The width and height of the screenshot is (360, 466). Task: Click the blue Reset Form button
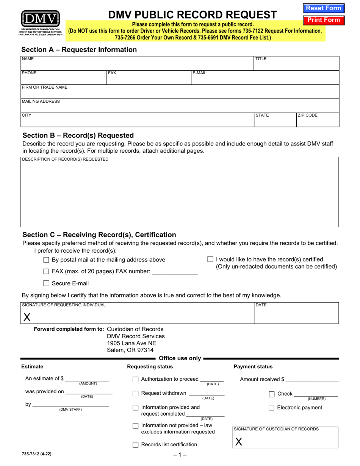(323, 8)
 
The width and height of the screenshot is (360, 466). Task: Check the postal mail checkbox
(47, 260)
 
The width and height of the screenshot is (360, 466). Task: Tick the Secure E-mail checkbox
(47, 283)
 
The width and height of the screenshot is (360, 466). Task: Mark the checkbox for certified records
(210, 260)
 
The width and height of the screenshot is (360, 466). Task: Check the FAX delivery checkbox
(47, 272)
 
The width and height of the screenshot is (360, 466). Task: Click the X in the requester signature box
(27, 317)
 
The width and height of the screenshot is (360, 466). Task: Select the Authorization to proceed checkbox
(136, 380)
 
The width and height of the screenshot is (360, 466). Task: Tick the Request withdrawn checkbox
(136, 394)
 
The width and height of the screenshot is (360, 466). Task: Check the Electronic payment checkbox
(272, 408)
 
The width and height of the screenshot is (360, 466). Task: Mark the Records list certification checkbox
(136, 445)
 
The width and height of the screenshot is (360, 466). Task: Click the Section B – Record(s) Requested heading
(78, 135)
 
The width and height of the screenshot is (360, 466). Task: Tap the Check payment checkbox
(272, 394)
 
